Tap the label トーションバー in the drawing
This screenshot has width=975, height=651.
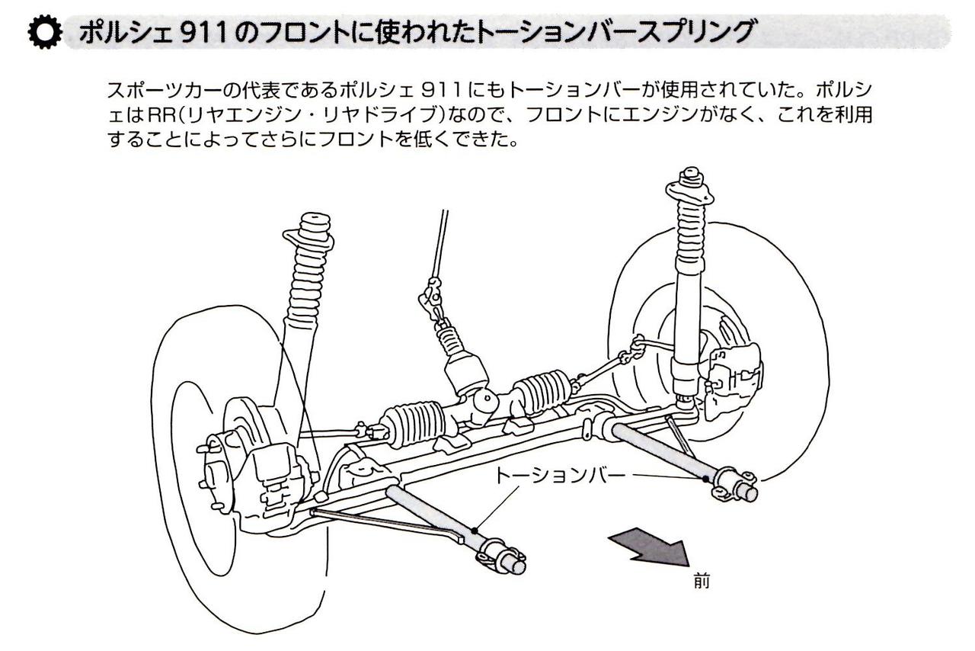tap(560, 476)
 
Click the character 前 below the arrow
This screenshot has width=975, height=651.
tap(702, 582)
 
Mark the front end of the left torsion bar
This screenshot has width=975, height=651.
tap(506, 557)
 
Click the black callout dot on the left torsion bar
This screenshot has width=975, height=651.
tap(475, 531)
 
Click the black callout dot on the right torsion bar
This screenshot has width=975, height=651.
tap(706, 478)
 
